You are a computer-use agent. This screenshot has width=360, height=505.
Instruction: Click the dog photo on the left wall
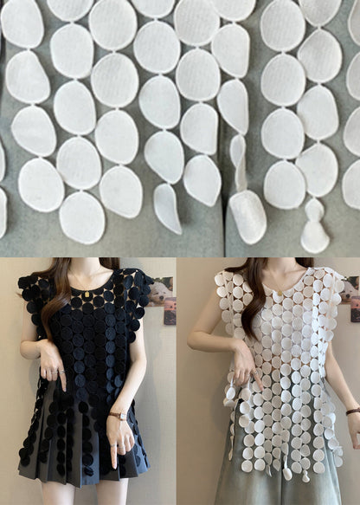tap(161, 291)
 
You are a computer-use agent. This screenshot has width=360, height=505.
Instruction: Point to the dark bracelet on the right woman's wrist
tap(353, 411)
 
